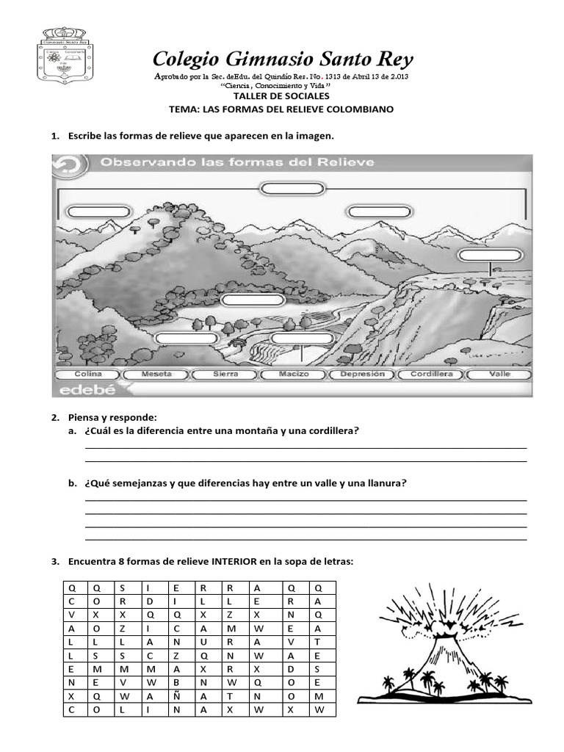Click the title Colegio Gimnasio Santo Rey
click(x=282, y=59)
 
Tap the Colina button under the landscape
click(x=87, y=374)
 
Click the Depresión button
click(x=361, y=374)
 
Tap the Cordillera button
click(x=430, y=374)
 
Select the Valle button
click(x=499, y=374)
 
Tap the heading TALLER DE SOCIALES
click(x=281, y=96)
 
